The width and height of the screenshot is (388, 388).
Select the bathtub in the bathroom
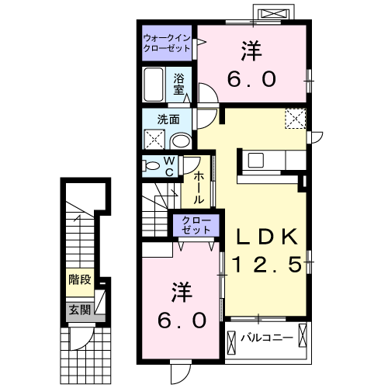pyautogui.click(x=154, y=85)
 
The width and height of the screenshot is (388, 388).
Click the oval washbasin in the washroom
pyautogui.click(x=182, y=140)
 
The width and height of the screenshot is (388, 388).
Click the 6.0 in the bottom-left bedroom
pyautogui.click(x=182, y=319)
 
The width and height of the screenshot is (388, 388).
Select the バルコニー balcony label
pyautogui.click(x=265, y=338)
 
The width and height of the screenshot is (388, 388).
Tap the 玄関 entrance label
pyautogui.click(x=78, y=310)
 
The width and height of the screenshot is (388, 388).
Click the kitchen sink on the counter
pyautogui.click(x=257, y=161)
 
